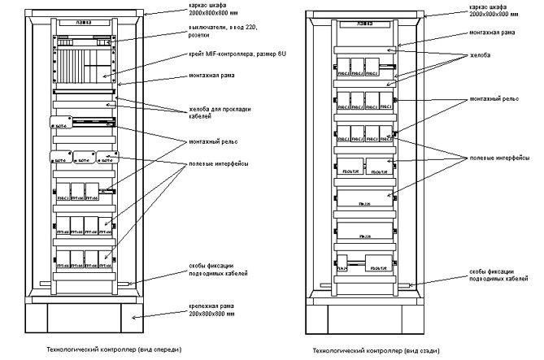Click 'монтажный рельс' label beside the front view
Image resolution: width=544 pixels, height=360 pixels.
(x=202, y=141)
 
